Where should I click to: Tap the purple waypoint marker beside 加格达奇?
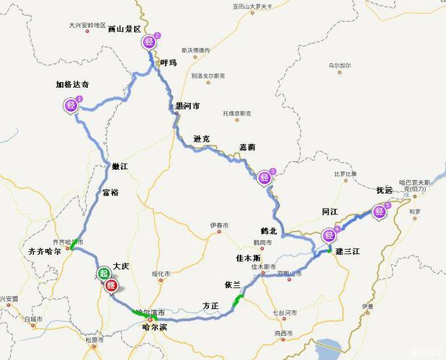point(71,104)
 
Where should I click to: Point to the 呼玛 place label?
point(168,63)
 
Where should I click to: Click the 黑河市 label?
point(187,105)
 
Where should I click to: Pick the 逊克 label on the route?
point(202,138)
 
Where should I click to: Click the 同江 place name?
point(330,212)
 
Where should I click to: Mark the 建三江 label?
point(348,250)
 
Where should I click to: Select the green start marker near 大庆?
point(104,273)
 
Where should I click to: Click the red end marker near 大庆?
point(112,286)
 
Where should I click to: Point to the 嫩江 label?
point(120,166)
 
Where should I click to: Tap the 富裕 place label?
point(110,192)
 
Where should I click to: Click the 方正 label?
point(210,305)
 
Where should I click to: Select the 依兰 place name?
point(232,284)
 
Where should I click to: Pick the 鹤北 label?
point(269,230)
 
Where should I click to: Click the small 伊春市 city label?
point(219,225)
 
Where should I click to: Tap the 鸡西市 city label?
point(282,333)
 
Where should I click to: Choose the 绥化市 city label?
point(161,274)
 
